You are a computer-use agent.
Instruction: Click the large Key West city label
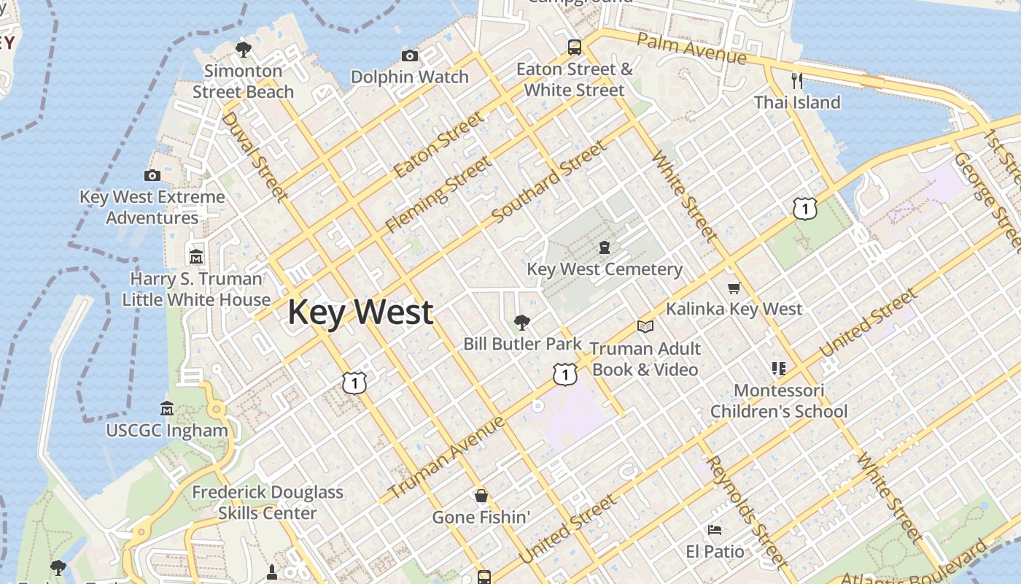coord(360,312)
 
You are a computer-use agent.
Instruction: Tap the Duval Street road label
coord(253,155)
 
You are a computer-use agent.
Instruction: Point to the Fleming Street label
coord(437,193)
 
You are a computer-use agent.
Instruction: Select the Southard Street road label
coord(549,182)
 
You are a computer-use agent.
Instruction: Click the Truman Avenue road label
coord(446,457)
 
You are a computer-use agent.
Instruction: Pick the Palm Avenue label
coord(691,47)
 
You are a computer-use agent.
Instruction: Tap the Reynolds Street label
coord(746,511)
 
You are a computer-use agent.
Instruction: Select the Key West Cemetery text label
coord(605,269)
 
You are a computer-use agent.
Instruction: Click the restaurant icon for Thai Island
coord(797,80)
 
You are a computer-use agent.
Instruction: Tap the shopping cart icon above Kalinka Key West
coord(734,288)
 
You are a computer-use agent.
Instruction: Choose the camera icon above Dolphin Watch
coord(410,56)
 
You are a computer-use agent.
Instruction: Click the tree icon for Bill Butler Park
coord(521,322)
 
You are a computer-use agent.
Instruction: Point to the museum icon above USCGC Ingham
coord(167,409)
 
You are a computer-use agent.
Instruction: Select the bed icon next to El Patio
coord(715,529)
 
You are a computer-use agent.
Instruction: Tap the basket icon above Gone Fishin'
coord(481,496)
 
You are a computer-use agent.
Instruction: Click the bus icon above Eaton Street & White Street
coord(575,48)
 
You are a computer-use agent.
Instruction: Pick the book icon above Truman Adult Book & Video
coord(645,326)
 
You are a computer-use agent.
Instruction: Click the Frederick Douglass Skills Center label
coord(268,502)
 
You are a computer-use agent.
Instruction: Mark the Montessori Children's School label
coord(779,401)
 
